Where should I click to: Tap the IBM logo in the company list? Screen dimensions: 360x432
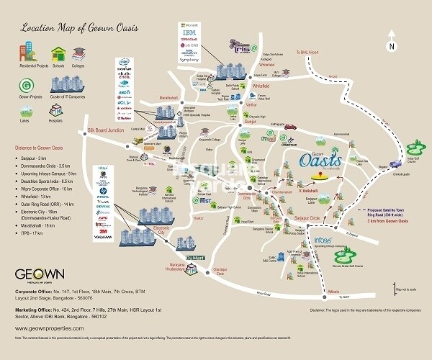pos(189,33)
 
